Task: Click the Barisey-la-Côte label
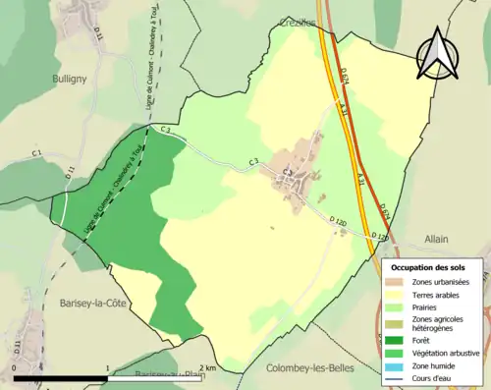[90, 303]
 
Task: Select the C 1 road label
[36, 153]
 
